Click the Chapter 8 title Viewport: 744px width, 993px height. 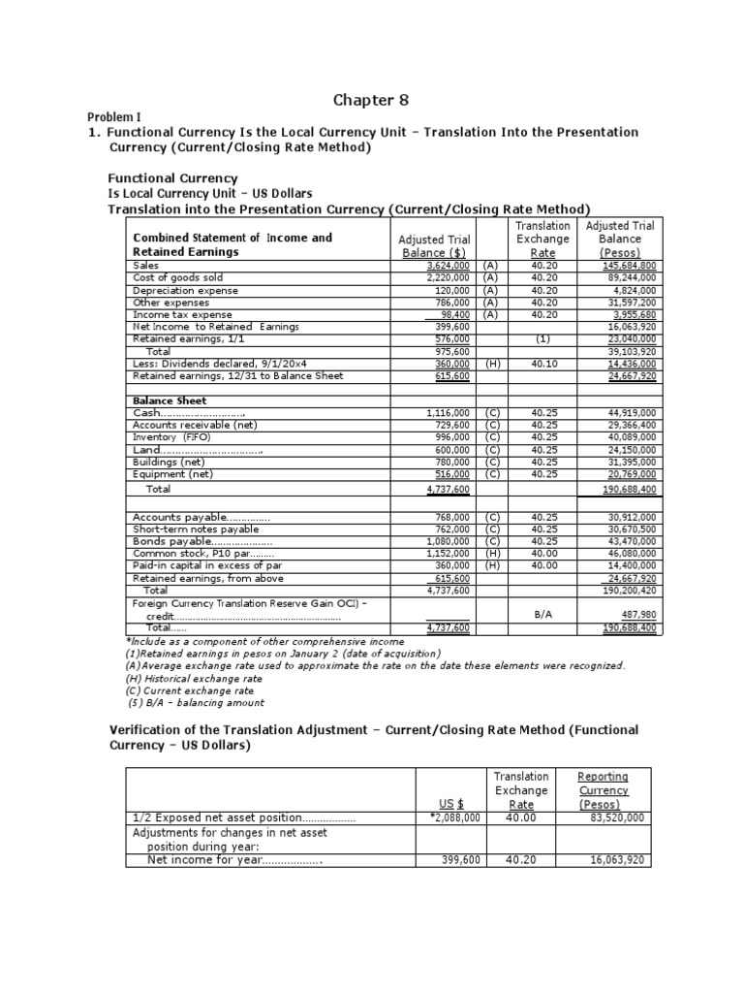tap(372, 99)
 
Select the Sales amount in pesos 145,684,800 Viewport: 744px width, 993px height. tap(629, 265)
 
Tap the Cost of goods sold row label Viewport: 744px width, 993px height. tap(172, 277)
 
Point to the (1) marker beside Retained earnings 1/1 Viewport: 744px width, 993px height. tap(542, 339)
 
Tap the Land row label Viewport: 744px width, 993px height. tap(199, 450)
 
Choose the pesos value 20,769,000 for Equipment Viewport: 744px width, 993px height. tap(629, 474)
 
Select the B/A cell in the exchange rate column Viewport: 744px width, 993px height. tap(543, 615)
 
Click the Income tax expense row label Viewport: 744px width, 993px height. tap(182, 314)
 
